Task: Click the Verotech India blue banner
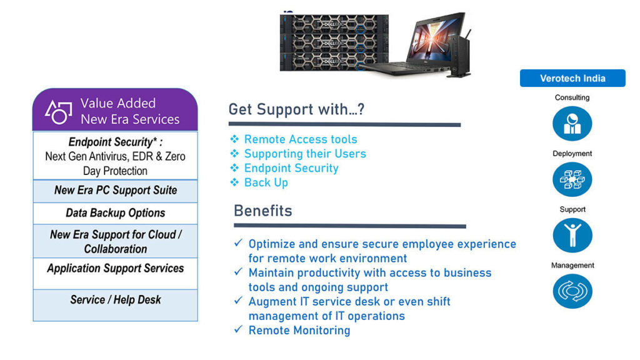coord(572,78)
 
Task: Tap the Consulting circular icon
coord(572,123)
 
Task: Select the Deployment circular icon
coord(572,179)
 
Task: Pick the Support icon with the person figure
coord(572,235)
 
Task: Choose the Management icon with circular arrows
coord(572,291)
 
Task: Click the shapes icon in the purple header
coord(58,111)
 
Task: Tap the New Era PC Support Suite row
coord(116,191)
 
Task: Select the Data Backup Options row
coord(116,213)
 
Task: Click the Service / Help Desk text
coord(116,300)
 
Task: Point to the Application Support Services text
coord(116,268)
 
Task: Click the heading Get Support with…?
coord(296,109)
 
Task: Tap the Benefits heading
coord(263,211)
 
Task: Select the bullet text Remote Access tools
coord(301,139)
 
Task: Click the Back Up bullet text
coord(266,182)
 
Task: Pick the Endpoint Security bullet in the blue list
coord(291,168)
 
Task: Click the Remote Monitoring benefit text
coord(299,330)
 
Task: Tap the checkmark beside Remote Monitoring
coord(238,329)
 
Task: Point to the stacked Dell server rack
coord(334,42)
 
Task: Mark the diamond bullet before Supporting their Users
coord(234,154)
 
